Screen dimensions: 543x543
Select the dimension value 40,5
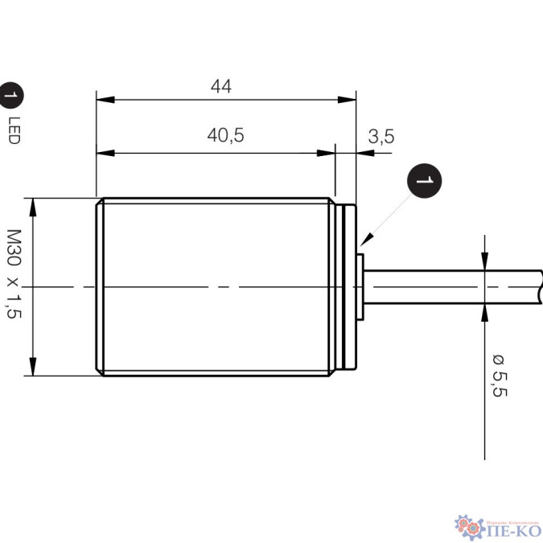point(225,136)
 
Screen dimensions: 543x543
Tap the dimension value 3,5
point(381,136)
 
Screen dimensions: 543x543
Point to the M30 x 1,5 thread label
point(14,274)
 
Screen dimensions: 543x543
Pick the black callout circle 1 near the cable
point(425,181)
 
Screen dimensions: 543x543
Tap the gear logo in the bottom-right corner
point(467,524)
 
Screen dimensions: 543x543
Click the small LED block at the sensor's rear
point(360,286)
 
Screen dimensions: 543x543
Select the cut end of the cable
point(539,286)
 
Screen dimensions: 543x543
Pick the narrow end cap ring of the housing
point(348,286)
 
